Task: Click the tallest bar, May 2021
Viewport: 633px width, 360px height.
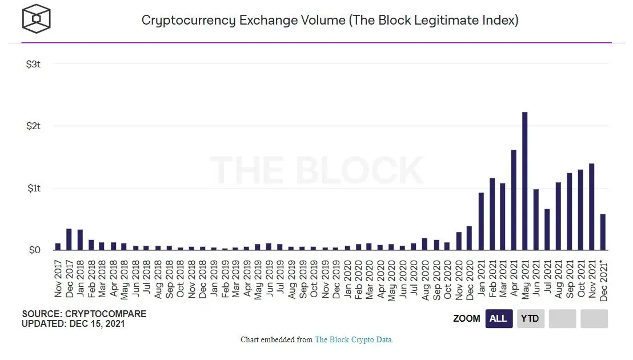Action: (x=525, y=182)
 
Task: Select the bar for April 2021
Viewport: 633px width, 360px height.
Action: (x=514, y=200)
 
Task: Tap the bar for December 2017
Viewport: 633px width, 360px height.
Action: (x=69, y=239)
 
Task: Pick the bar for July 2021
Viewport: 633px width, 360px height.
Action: (x=547, y=230)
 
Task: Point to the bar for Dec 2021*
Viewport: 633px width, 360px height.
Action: (x=603, y=232)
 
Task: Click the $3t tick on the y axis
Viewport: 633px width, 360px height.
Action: (x=33, y=64)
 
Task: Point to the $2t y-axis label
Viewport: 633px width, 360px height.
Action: (x=33, y=126)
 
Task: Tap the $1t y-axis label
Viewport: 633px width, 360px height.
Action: (x=33, y=189)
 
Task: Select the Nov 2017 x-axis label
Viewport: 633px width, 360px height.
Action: (x=58, y=279)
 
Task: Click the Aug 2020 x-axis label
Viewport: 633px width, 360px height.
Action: (x=425, y=279)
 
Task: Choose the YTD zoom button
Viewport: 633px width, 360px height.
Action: (x=530, y=318)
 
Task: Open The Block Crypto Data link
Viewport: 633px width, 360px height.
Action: (x=353, y=340)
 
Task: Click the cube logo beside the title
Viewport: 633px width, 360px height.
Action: (x=37, y=19)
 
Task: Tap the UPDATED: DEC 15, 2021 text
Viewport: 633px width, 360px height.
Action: (x=73, y=323)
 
